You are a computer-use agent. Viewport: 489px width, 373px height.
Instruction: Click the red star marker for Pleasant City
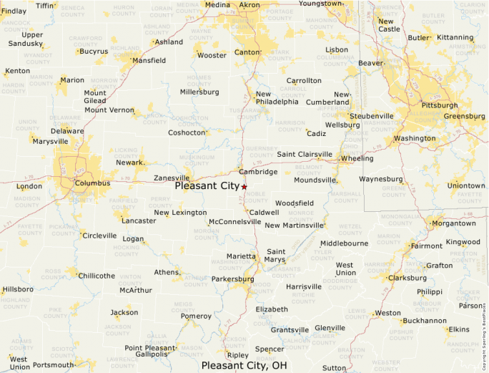(244, 186)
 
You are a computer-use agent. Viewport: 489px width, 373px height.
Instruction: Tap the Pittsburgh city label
(440, 105)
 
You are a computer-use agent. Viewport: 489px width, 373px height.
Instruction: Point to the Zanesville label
(172, 178)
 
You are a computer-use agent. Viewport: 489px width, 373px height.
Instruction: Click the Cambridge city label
(258, 172)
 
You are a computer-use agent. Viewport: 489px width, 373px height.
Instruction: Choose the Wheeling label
(357, 158)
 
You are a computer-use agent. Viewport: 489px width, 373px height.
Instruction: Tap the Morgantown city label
(453, 223)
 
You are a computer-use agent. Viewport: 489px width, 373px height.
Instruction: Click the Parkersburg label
(233, 278)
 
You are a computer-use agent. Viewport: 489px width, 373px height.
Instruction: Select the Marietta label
(242, 256)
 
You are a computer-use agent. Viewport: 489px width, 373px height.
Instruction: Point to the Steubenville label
(371, 116)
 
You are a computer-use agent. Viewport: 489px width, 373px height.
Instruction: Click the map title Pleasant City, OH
(244, 365)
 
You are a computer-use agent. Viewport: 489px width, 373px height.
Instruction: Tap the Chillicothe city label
(97, 276)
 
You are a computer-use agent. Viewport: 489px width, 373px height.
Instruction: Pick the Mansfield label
(149, 61)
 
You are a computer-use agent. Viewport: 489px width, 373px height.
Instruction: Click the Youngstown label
(320, 4)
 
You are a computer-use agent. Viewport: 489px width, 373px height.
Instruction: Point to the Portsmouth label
(54, 365)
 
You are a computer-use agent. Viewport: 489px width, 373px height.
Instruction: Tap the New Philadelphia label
(277, 97)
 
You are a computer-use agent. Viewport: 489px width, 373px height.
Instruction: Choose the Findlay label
(13, 11)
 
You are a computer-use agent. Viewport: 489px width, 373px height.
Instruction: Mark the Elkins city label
(459, 329)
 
